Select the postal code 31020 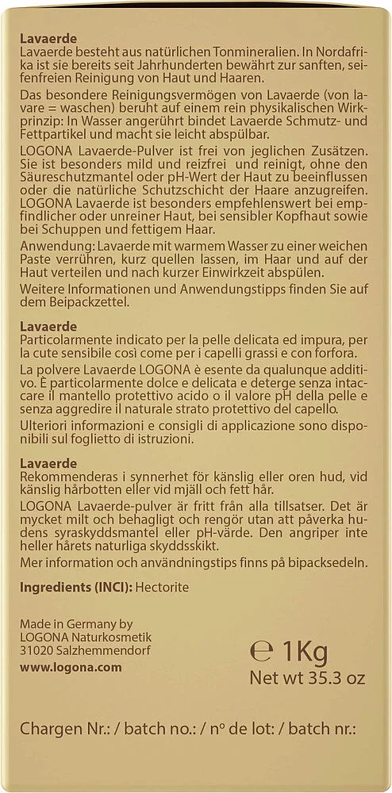(x=37, y=652)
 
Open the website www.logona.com (x=71, y=667)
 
